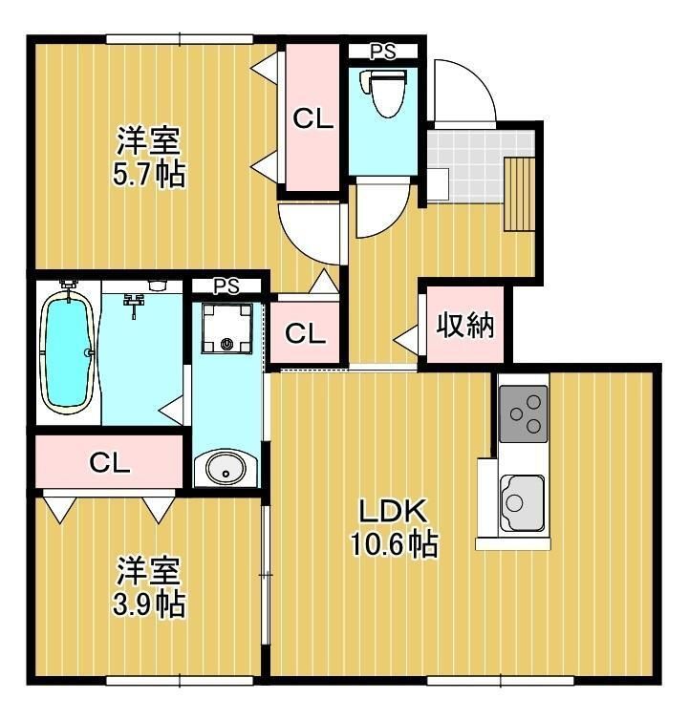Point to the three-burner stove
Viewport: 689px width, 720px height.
coord(523,413)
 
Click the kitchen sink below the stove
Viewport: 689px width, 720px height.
coord(521,498)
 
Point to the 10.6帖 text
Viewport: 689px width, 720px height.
coord(392,545)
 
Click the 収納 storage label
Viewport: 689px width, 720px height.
coord(464,327)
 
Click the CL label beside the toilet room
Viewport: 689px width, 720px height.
coord(312,119)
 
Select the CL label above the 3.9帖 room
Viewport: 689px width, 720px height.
coord(109,463)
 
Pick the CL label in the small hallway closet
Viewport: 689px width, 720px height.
coord(306,334)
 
